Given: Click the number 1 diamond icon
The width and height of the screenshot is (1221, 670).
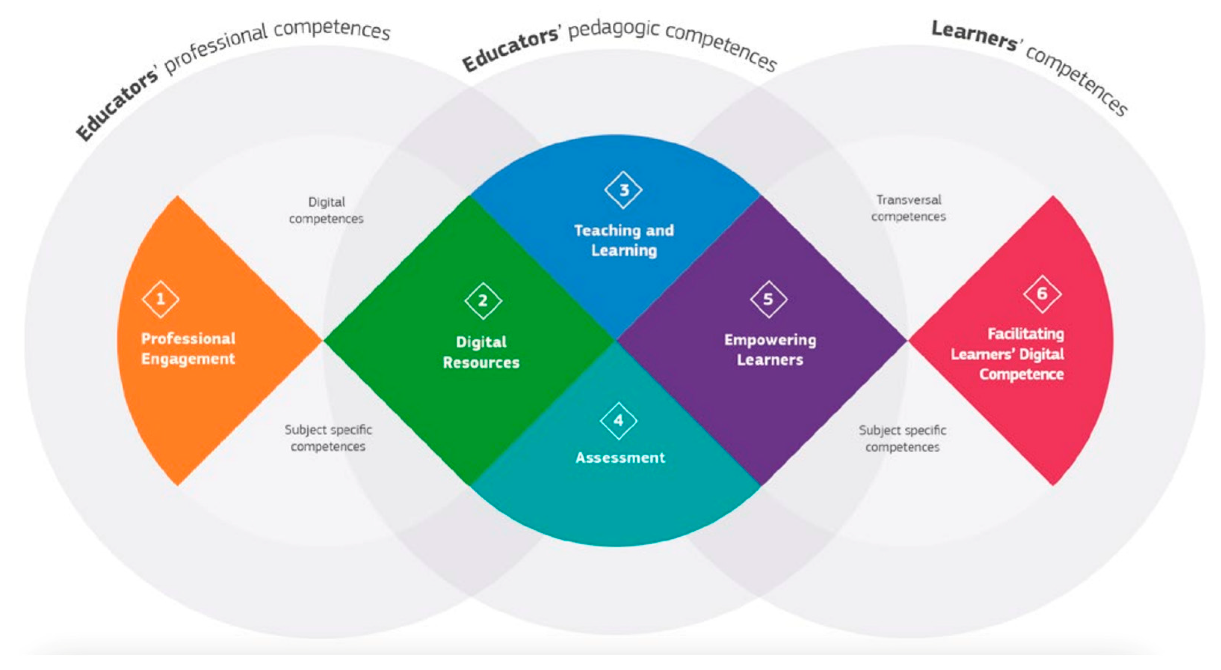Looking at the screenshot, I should tap(160, 299).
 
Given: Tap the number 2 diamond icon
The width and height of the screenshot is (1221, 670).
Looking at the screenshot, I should tap(483, 301).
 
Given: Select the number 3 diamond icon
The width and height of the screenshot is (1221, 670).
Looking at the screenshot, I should tap(623, 190).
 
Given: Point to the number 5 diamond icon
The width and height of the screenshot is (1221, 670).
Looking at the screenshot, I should tap(768, 299).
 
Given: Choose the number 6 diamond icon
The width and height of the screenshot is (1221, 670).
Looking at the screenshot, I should tap(1042, 294).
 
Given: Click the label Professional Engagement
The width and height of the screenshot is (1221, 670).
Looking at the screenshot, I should tap(188, 348).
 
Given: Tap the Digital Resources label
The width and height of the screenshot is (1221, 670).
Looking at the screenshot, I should tap(481, 352).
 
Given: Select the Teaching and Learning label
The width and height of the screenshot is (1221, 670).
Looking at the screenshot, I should tap(624, 240).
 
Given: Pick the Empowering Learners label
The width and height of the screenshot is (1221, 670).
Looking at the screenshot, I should tap(770, 350).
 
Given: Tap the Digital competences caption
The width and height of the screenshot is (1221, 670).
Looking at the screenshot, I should tap(326, 210).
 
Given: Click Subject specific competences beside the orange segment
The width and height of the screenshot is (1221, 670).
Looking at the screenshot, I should tap(328, 438).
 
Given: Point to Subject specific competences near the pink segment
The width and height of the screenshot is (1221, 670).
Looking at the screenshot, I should tap(902, 439).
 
